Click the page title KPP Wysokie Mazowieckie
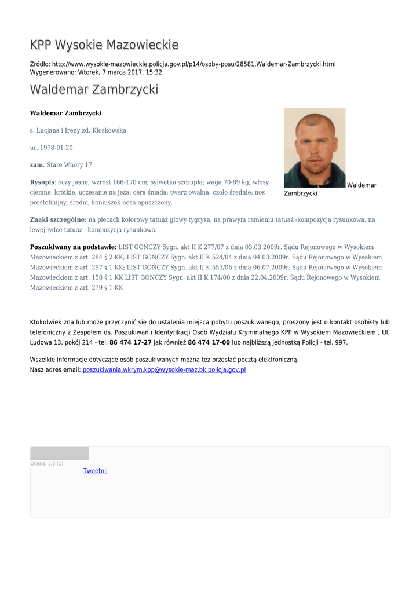[x=104, y=45]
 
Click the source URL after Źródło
[x=193, y=64]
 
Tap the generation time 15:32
[x=154, y=72]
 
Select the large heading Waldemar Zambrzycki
[x=94, y=90]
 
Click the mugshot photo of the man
[x=315, y=147]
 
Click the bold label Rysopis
[x=42, y=182]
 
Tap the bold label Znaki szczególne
[x=58, y=219]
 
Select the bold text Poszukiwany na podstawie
[x=73, y=247]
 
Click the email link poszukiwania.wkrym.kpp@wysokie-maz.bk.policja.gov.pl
[x=164, y=369]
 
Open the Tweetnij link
[x=96, y=471]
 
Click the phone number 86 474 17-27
[x=130, y=342]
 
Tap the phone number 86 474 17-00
[x=209, y=342]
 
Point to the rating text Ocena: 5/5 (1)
[x=47, y=463]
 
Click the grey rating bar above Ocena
[x=60, y=453]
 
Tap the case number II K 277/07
[x=199, y=247]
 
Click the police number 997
[x=341, y=342]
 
